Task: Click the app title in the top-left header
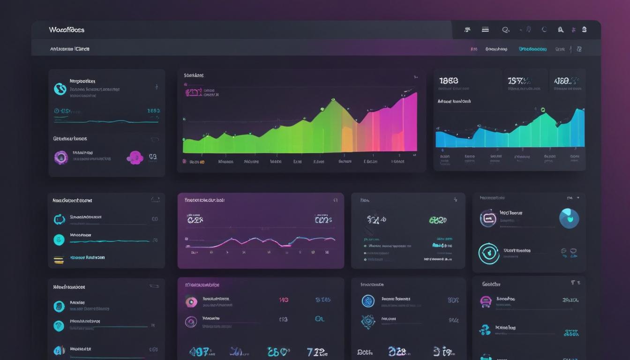67,30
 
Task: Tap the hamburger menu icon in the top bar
485,30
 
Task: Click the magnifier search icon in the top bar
505,30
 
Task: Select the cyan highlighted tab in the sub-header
532,49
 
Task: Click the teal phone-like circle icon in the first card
60,89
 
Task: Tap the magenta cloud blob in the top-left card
135,157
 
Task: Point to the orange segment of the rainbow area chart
347,136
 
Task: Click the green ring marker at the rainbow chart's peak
333,100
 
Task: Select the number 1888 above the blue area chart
449,81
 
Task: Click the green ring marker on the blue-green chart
543,110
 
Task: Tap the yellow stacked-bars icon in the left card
59,259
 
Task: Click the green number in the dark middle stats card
437,220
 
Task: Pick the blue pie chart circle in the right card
569,218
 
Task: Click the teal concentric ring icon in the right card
488,254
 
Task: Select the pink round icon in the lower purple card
191,302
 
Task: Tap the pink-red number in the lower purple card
284,300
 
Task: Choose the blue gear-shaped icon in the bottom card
368,322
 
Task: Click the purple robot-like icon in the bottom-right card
486,302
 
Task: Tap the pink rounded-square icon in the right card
488,218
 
